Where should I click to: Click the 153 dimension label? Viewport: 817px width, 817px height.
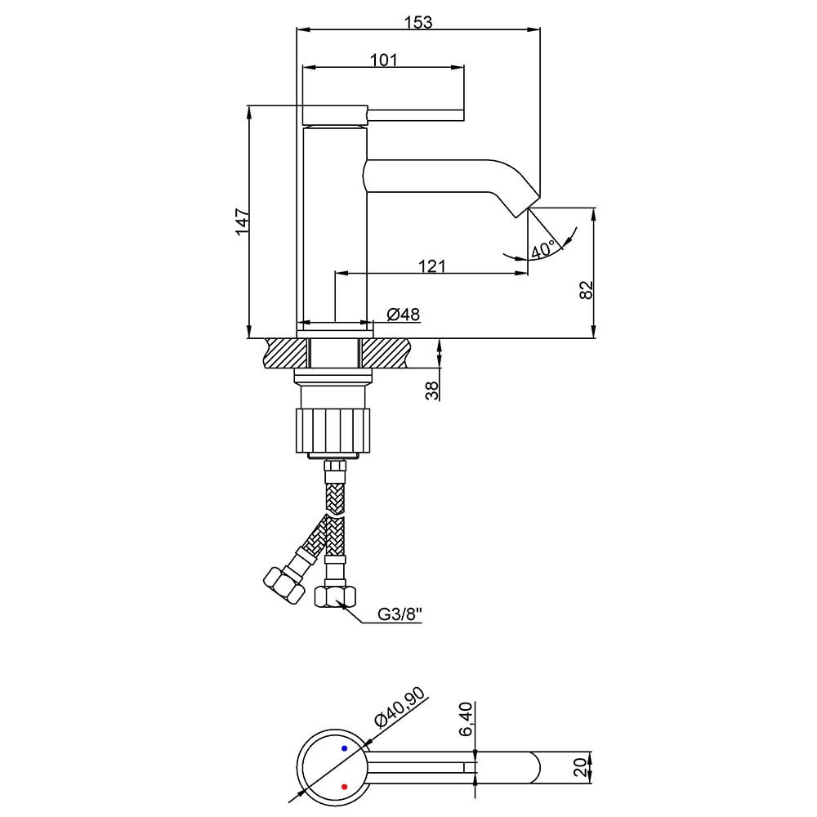point(418,22)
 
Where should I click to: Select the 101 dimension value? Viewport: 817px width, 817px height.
point(383,60)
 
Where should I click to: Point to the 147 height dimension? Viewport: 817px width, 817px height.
point(243,222)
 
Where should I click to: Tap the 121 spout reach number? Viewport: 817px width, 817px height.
point(432,266)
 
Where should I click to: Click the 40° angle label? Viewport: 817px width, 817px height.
point(543,250)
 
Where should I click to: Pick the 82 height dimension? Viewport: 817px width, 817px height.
point(586,290)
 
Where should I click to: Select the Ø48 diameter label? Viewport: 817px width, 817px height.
point(404,315)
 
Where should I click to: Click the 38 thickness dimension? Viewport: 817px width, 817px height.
point(432,391)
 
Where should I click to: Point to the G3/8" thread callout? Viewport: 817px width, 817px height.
point(400,615)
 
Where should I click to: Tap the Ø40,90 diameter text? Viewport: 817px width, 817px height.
point(400,707)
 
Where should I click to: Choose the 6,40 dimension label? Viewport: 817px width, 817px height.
point(466,719)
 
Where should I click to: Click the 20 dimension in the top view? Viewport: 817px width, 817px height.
point(581,767)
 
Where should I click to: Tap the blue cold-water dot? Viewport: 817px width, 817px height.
point(345,748)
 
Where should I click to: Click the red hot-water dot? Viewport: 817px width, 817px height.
point(345,786)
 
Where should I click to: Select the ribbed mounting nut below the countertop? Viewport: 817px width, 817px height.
point(333,431)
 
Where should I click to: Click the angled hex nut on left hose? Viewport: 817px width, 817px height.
point(283,586)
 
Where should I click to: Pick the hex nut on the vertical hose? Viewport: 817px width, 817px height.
point(336,596)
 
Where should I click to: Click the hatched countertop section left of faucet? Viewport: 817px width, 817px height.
point(286,353)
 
